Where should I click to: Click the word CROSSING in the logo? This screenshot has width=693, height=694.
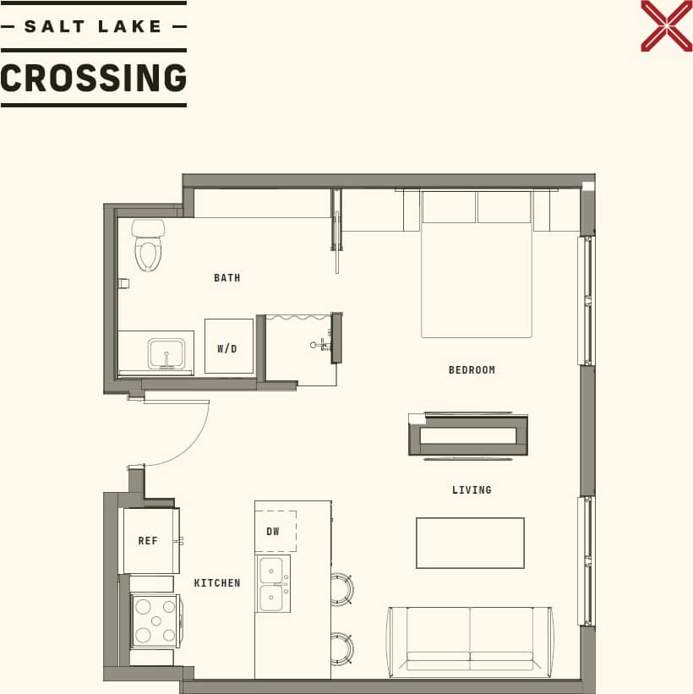tap(93, 79)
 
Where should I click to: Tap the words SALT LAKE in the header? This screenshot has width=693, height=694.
tap(93, 26)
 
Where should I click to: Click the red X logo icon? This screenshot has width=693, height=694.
tap(666, 25)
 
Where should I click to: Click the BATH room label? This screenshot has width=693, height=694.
tap(226, 277)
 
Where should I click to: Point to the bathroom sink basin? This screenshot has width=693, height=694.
tap(166, 353)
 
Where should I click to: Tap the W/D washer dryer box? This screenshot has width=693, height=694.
tap(228, 347)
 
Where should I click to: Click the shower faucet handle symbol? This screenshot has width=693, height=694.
tap(319, 345)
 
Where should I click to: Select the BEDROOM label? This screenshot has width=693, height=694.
tap(472, 369)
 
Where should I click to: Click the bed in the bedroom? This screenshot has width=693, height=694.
tap(477, 270)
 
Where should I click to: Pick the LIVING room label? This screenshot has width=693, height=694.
tap(471, 489)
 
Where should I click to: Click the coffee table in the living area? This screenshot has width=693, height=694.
tap(470, 543)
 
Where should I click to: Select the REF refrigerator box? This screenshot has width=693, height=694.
tap(149, 541)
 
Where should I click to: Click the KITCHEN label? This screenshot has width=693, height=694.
tap(217, 582)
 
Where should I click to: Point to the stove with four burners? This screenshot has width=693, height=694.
tap(155, 620)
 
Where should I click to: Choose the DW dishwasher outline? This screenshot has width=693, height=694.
tap(275, 532)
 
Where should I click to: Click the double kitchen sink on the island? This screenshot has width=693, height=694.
tap(272, 583)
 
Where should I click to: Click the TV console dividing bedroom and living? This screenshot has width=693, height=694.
tap(468, 435)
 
